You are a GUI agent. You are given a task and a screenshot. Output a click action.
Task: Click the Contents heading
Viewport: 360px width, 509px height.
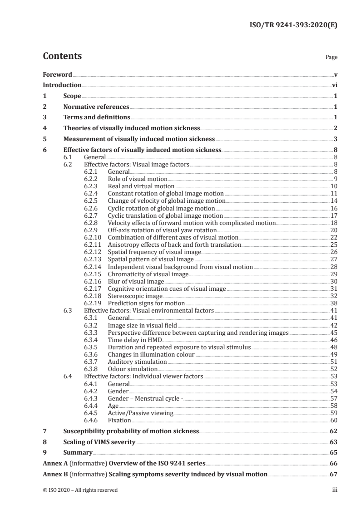pyautogui.click(x=62, y=56)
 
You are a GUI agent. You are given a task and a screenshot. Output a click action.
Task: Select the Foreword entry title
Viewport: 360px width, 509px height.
pyautogui.click(x=57, y=74)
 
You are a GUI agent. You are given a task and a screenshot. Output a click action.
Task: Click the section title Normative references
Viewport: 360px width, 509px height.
pyautogui.click(x=96, y=107)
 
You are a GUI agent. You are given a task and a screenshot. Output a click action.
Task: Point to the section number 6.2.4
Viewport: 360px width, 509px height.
pyautogui.click(x=92, y=194)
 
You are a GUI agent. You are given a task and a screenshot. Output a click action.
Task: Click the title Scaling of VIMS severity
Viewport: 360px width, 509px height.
pyautogui.click(x=99, y=442)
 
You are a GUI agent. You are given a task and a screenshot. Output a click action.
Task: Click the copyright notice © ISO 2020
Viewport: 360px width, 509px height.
pyautogui.click(x=80, y=490)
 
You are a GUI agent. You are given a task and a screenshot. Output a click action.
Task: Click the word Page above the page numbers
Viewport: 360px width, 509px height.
pyautogui.click(x=331, y=58)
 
